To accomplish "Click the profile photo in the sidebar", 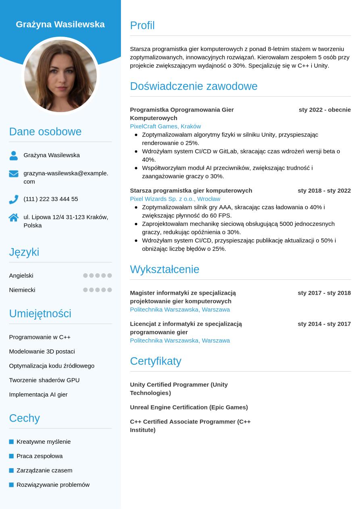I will [60, 76].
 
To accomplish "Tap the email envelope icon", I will [14, 174].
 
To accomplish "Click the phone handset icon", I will [14, 199].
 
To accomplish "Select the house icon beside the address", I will [14, 218].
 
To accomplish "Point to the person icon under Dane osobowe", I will [14, 156].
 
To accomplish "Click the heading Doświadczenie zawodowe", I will [194, 86].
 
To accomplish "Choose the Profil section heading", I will [142, 25].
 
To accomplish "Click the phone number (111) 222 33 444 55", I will [51, 199].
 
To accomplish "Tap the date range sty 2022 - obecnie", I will [325, 110].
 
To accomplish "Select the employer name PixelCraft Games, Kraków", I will [165, 126].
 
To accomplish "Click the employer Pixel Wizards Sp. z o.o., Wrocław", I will [175, 199].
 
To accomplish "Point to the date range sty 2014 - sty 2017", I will [324, 324].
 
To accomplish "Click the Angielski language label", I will [21, 276].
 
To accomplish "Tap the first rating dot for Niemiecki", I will [85, 290].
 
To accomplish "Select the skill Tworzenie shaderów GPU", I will [44, 380].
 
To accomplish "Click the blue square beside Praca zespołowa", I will [11, 456].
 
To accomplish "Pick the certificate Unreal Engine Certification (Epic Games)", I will [189, 407].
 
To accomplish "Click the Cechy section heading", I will [25, 418].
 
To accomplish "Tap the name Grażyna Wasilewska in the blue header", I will [60, 24].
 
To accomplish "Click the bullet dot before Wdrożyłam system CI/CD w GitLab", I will [136, 152].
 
